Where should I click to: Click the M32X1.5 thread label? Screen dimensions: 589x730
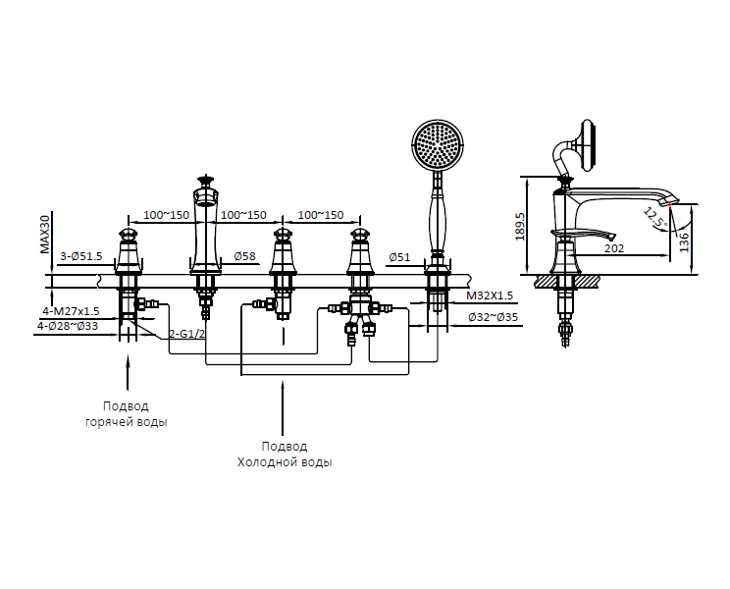pos(490,295)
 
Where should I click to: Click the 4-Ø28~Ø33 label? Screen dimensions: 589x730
pos(69,325)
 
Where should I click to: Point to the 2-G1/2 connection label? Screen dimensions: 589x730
pos(186,334)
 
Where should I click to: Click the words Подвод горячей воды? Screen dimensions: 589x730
pos(126,413)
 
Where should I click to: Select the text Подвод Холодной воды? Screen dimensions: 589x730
pos(284,454)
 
